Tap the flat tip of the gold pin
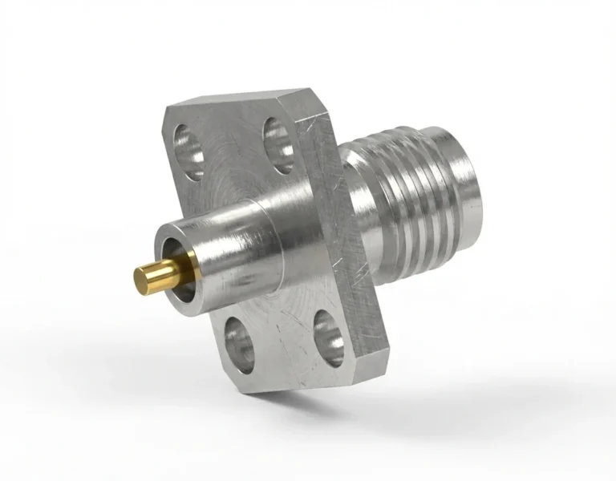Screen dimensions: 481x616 tap(139, 280)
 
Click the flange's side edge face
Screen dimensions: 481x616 tap(337, 240)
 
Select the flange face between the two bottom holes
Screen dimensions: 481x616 tap(281, 337)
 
